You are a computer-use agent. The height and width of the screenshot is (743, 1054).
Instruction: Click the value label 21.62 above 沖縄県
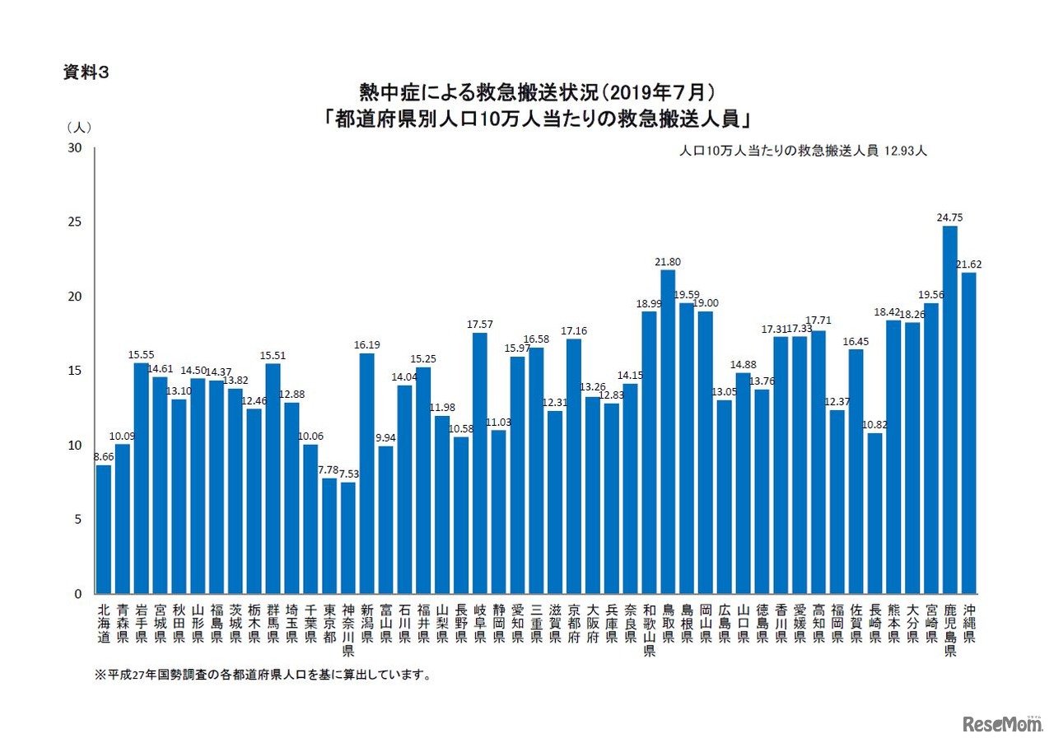coord(969,264)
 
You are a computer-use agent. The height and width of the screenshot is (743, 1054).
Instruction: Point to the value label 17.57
coord(480,325)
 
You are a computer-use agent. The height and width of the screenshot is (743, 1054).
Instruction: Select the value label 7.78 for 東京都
coord(329,470)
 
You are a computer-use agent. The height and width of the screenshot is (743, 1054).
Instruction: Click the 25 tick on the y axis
coord(75,222)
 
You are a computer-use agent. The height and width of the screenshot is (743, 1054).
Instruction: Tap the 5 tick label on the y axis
coord(78,520)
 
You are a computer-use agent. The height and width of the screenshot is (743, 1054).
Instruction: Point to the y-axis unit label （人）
coord(79,128)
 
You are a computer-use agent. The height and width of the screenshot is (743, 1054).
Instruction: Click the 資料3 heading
coord(86,72)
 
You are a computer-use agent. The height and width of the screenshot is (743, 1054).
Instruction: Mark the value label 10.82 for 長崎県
coord(874,424)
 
